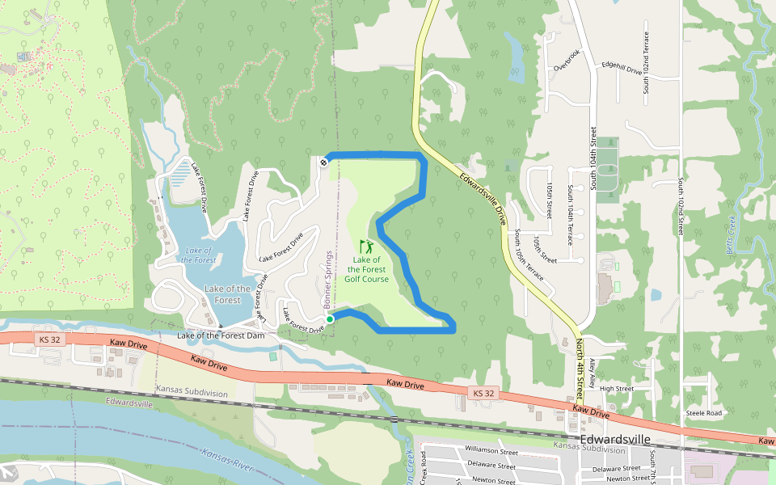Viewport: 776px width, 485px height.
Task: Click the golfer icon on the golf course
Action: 367,246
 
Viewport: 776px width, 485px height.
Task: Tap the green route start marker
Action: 330,320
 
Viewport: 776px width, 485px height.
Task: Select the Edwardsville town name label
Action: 616,439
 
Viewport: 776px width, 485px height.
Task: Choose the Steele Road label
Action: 703,413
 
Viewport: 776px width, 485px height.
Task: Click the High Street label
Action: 617,388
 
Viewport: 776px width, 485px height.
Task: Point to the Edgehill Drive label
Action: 622,69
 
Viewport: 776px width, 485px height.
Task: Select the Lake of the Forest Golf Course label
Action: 366,269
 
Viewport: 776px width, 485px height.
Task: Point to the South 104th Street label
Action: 593,158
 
